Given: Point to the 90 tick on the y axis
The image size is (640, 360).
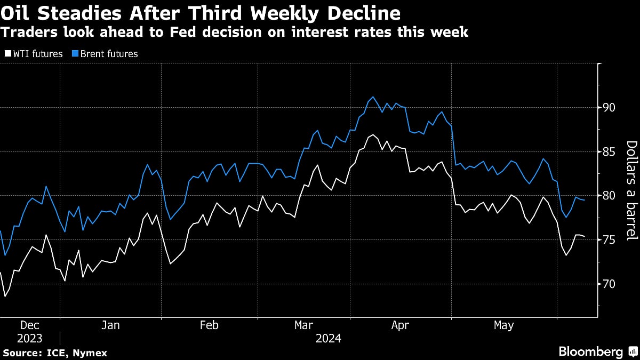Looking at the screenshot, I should pyautogui.click(x=608, y=108).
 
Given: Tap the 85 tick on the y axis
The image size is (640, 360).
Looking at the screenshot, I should pyautogui.click(x=608, y=152).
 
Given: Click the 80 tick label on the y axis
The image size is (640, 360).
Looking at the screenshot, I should pyautogui.click(x=608, y=196).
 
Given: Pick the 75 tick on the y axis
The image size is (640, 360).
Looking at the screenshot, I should pyautogui.click(x=608, y=240).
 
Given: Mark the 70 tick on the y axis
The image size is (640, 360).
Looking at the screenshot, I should pyautogui.click(x=608, y=284).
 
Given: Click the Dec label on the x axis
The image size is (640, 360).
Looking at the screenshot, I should pyautogui.click(x=29, y=325).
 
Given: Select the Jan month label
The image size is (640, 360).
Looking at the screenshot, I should pyautogui.click(x=110, y=325).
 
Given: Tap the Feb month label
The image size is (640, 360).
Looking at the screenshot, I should pyautogui.click(x=209, y=325).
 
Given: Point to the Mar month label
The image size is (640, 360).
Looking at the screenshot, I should pyautogui.click(x=304, y=325).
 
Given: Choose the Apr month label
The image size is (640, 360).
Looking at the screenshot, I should pyautogui.click(x=401, y=325).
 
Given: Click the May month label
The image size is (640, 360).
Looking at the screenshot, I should pyautogui.click(x=504, y=325).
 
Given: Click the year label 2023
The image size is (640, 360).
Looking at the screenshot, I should pyautogui.click(x=29, y=338).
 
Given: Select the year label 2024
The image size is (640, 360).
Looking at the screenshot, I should pyautogui.click(x=328, y=338).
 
